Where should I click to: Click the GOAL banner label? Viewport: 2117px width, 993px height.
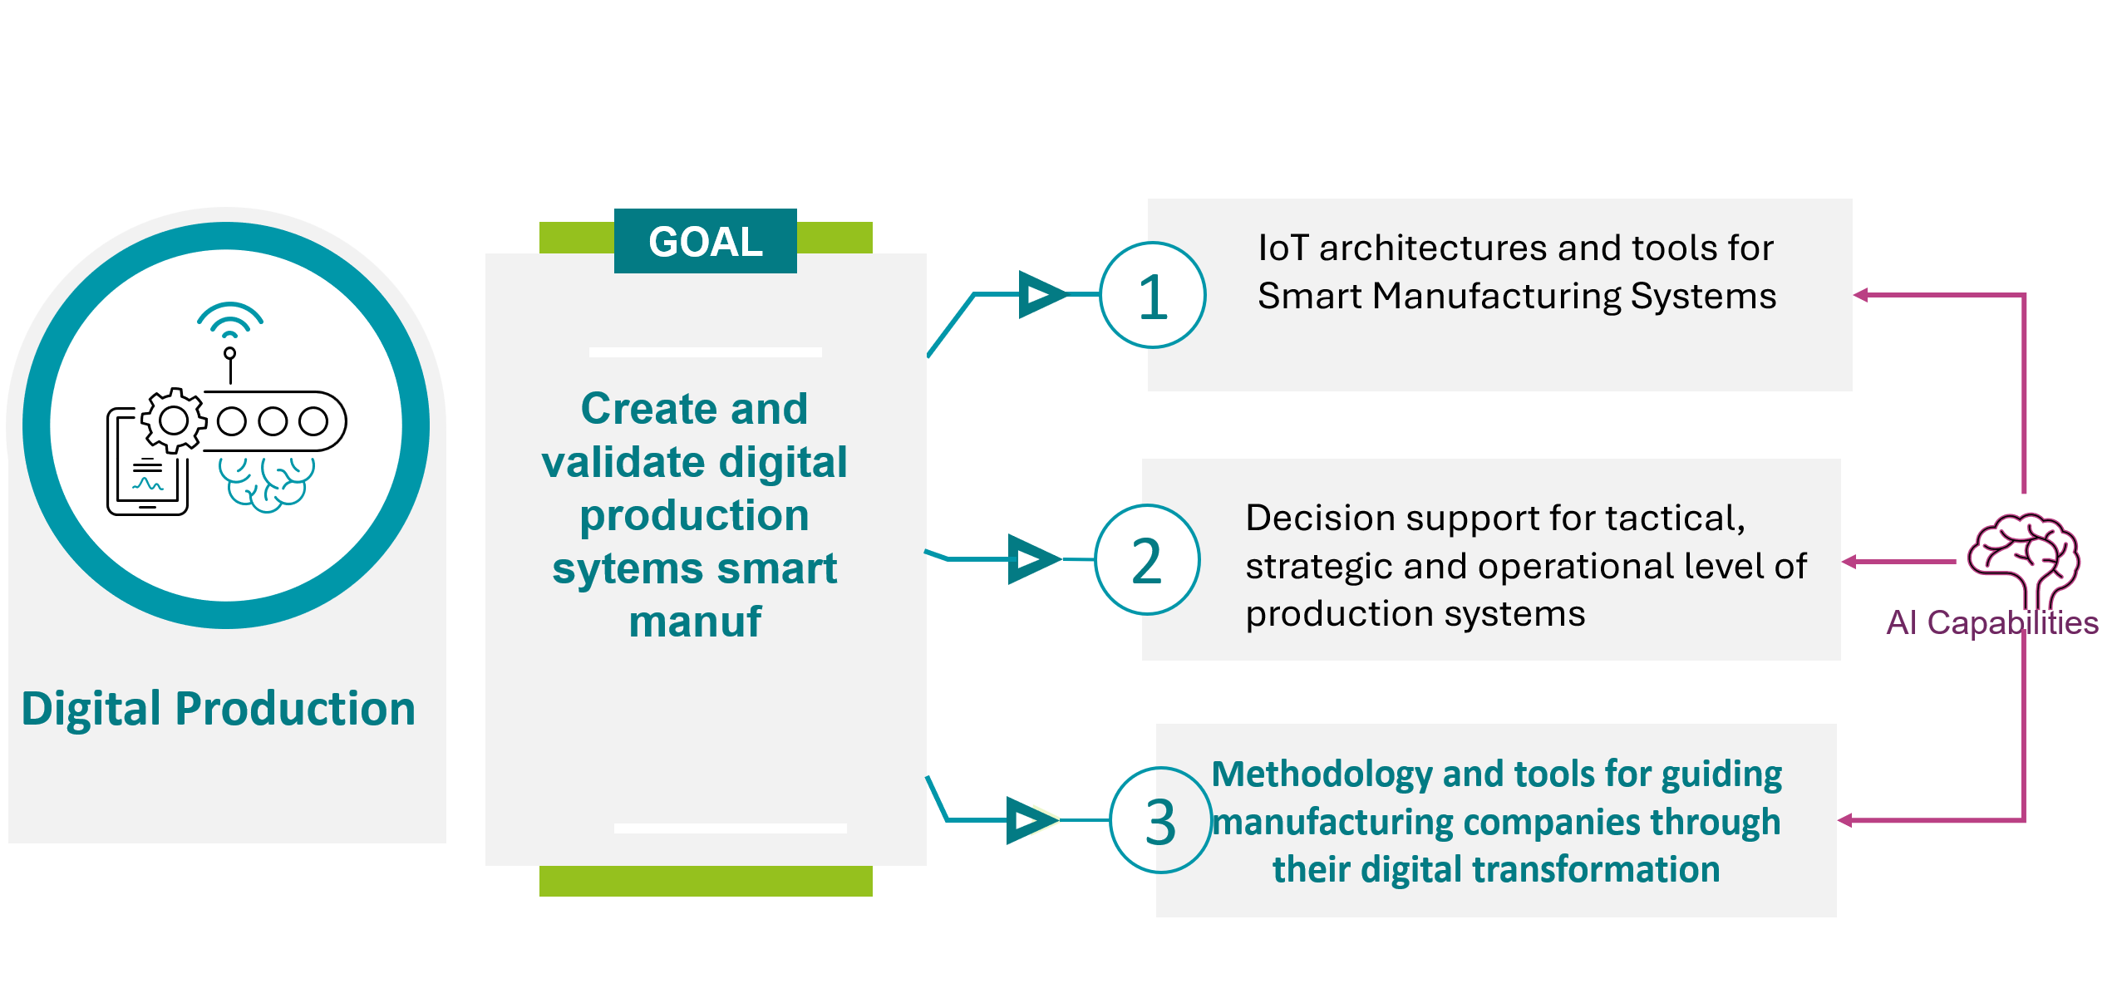coord(706,242)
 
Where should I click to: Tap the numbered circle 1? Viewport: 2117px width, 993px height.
coord(1153,295)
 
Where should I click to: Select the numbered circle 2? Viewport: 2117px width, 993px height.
coord(1147,560)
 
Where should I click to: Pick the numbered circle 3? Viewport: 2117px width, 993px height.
coord(1161,820)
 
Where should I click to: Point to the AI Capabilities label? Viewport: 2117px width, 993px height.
coord(1992,623)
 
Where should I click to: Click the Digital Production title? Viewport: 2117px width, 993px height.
coord(218,709)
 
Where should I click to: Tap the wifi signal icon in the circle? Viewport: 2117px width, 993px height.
coord(230,321)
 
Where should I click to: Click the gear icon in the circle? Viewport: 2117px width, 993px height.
coord(174,420)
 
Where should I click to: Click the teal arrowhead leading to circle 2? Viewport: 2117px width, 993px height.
coord(1034,559)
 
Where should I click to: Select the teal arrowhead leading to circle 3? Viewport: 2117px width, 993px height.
coord(1032,821)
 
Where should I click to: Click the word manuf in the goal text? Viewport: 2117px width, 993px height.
coord(695,622)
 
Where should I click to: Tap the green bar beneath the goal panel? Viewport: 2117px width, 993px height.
coord(706,881)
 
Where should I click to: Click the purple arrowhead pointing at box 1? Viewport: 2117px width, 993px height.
coord(1861,295)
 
